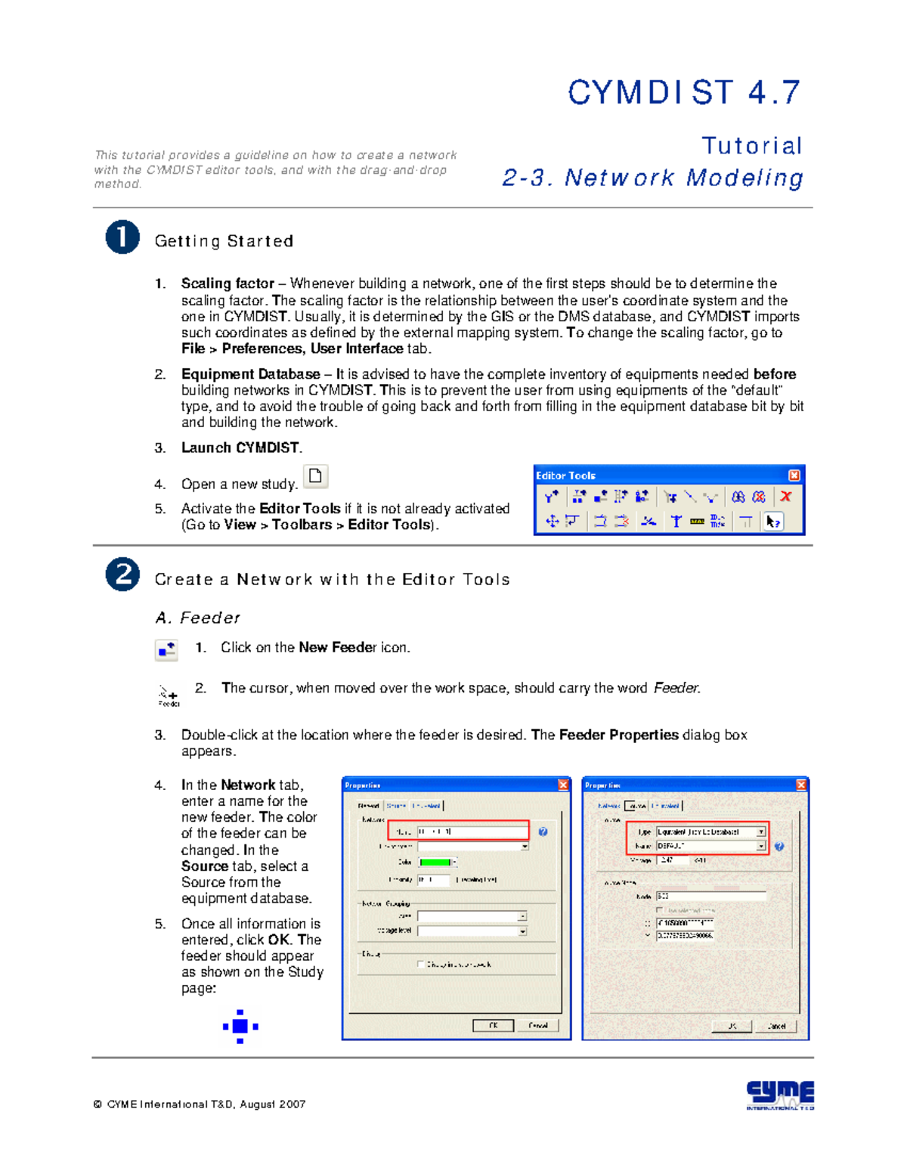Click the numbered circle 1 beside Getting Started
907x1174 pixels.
pos(122,237)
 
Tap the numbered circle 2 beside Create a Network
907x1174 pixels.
pos(122,575)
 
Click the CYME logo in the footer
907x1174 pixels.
pos(779,1095)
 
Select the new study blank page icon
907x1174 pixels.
pos(315,476)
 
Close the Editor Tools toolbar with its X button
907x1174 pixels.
pos(794,475)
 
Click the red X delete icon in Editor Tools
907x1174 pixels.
pos(786,497)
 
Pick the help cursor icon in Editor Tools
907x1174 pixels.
pos(772,522)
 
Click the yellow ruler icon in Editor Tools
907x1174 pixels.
pos(697,522)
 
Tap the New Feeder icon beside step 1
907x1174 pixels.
pos(166,650)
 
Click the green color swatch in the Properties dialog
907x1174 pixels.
pos(435,863)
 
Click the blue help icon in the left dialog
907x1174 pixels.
pos(543,832)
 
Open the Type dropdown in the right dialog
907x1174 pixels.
pos(760,832)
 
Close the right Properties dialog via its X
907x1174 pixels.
pos(801,785)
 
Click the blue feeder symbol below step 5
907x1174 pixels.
pos(240,1027)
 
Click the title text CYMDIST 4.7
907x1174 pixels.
pos(684,93)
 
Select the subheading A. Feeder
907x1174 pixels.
pos(197,618)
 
